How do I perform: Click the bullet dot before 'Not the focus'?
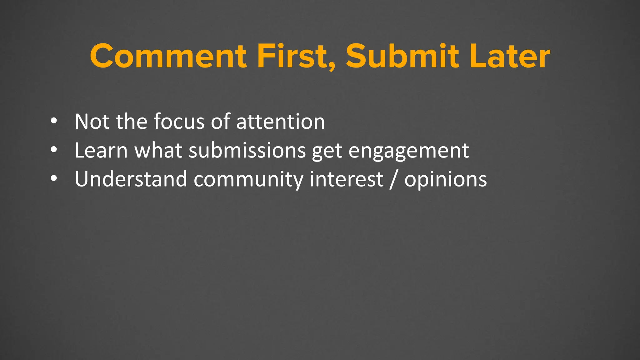coord(54,121)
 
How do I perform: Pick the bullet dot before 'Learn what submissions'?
coord(54,150)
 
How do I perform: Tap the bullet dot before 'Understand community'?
coord(54,179)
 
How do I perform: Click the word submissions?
coord(247,150)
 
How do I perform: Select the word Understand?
coord(131,179)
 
